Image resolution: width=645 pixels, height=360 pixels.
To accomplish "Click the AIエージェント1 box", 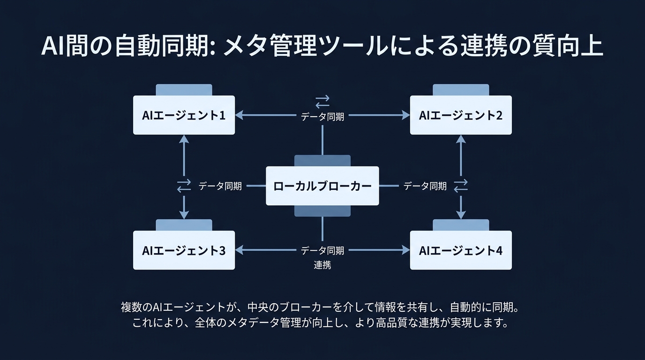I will [184, 115].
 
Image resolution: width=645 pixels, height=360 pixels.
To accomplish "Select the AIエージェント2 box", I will [461, 115].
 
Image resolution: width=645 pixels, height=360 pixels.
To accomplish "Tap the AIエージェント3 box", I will [184, 250].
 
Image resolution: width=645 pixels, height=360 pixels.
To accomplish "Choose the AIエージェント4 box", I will [461, 250].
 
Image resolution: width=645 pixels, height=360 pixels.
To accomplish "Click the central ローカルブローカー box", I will [322, 186].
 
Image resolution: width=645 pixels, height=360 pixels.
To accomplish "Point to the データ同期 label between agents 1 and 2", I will [322, 117].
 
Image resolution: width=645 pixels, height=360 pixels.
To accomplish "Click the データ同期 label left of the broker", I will [220, 186].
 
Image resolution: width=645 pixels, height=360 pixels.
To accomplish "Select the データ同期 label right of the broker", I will [425, 186].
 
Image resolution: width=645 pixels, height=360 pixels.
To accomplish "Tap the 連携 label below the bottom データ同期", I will [322, 265].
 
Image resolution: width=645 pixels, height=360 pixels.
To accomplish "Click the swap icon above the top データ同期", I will [322, 101].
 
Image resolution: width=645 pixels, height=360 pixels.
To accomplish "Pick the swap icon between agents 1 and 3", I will [184, 186].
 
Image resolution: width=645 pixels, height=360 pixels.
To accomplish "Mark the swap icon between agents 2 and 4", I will [461, 186].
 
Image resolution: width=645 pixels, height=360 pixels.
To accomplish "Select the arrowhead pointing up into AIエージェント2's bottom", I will [461, 139].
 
